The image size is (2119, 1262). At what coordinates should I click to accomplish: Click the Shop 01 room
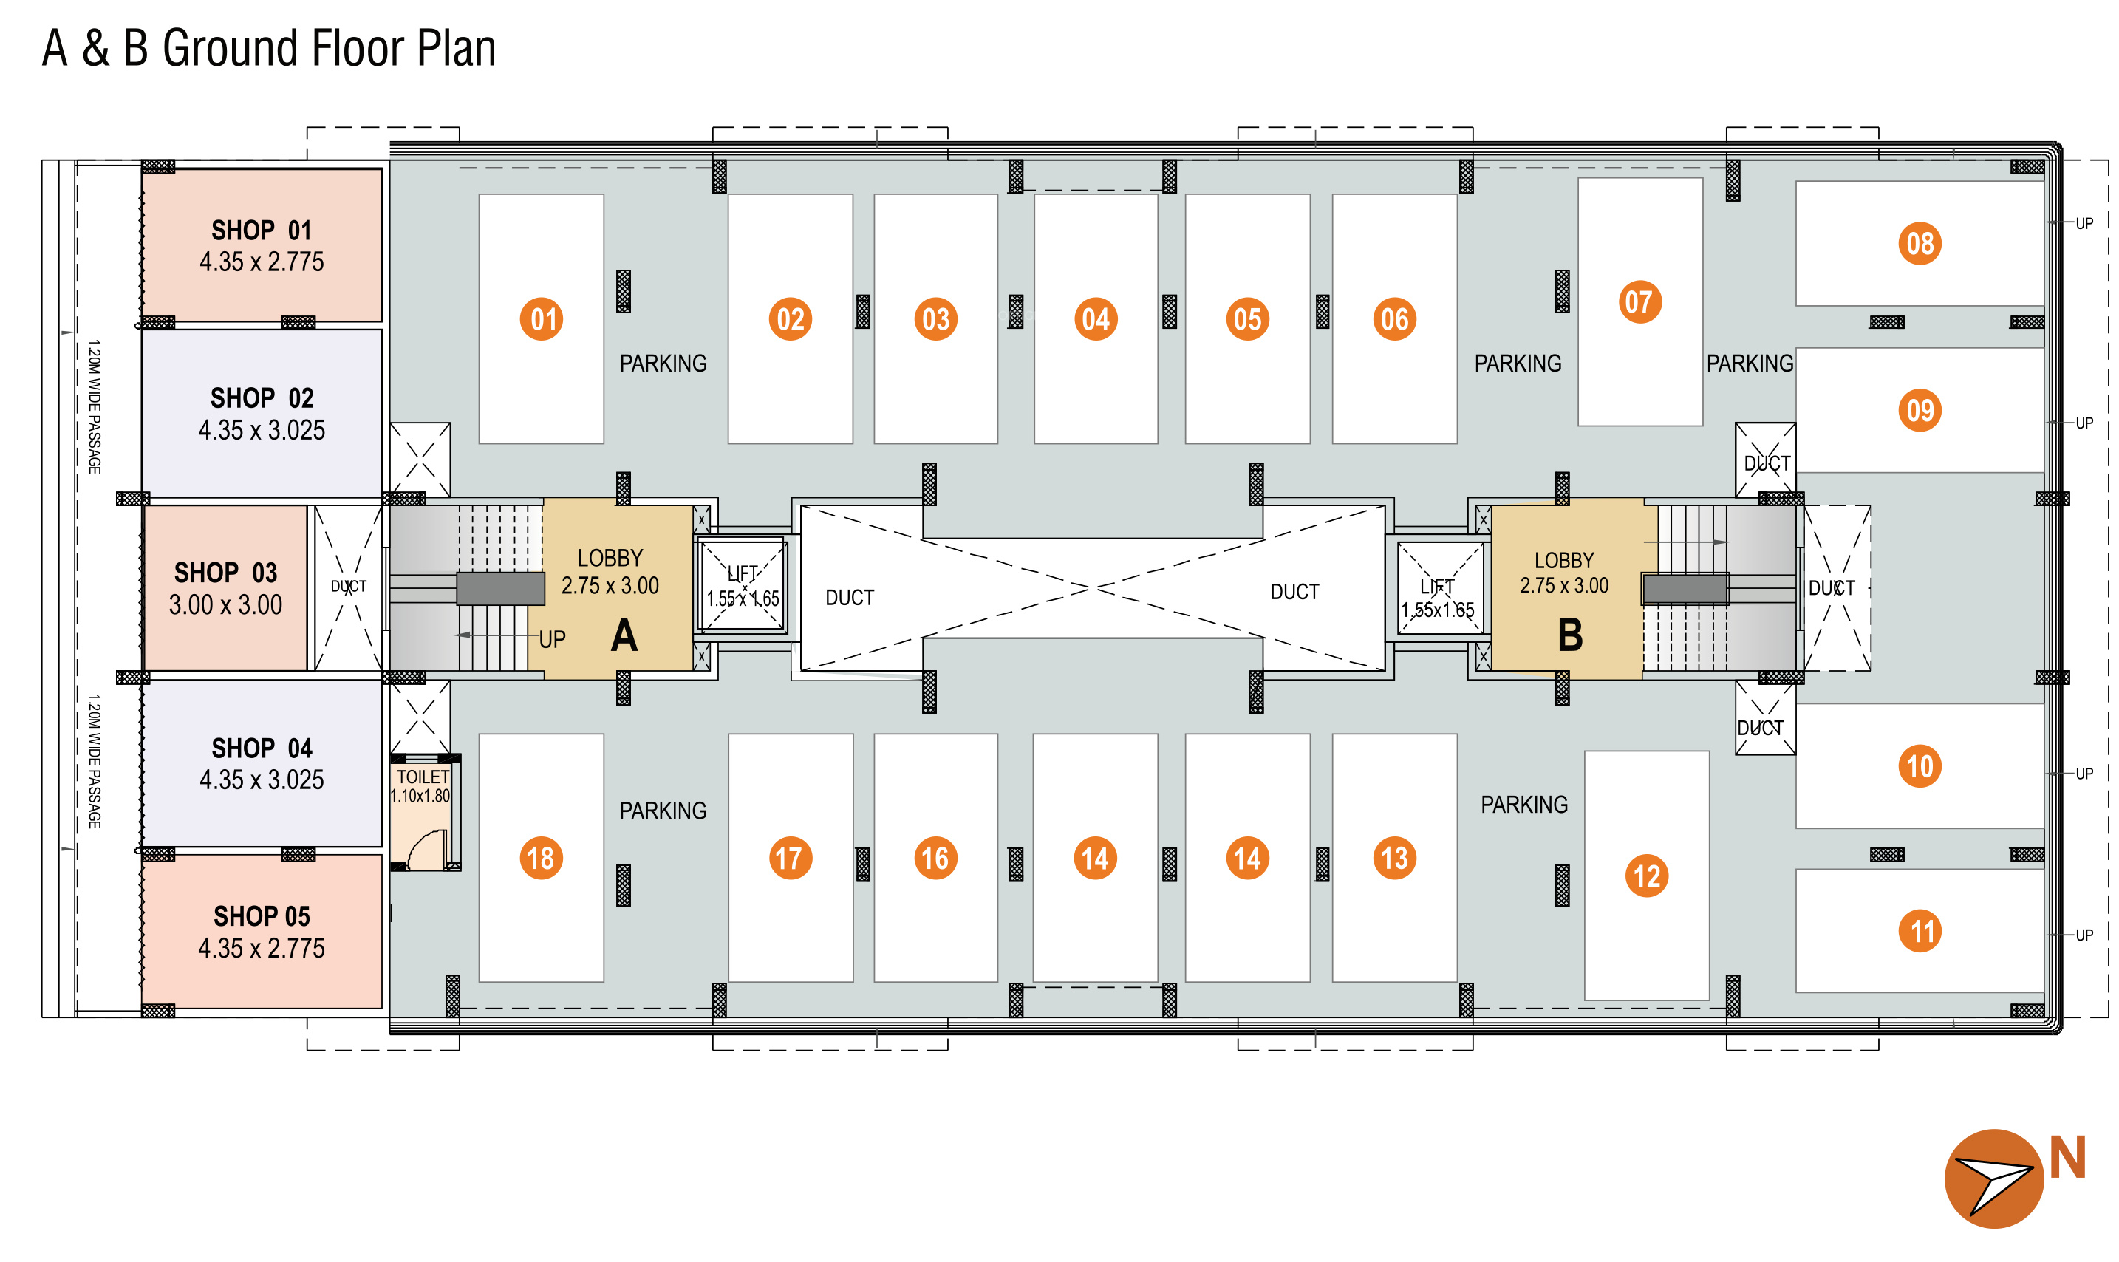pyautogui.click(x=262, y=245)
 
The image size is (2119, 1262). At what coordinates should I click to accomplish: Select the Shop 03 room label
pyautogui.click(x=225, y=573)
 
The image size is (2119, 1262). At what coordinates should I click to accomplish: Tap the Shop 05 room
pyautogui.click(x=262, y=931)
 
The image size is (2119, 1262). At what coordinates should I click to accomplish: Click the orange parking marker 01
pyautogui.click(x=542, y=319)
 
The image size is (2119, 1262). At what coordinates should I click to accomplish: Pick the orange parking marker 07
pyautogui.click(x=1639, y=302)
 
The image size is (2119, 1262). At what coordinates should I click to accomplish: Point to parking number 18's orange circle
pyautogui.click(x=542, y=858)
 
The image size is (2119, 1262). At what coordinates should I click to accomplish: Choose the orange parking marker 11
pyautogui.click(x=1920, y=931)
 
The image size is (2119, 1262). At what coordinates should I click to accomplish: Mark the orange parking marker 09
pyautogui.click(x=1920, y=411)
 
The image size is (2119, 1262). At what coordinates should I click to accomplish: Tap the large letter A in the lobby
pyautogui.click(x=624, y=635)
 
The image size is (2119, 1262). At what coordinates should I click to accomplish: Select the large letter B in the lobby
pyautogui.click(x=1570, y=635)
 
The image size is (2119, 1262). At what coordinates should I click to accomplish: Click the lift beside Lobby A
pyautogui.click(x=743, y=586)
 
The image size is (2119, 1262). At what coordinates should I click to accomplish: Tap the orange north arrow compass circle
pyautogui.click(x=1994, y=1179)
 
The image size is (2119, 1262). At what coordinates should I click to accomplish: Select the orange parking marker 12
pyautogui.click(x=1646, y=876)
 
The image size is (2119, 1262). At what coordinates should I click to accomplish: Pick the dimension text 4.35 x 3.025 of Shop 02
pyautogui.click(x=262, y=430)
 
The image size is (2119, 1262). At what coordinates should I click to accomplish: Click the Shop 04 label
pyautogui.click(x=262, y=748)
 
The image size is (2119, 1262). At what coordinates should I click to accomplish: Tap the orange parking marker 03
pyautogui.click(x=935, y=319)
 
